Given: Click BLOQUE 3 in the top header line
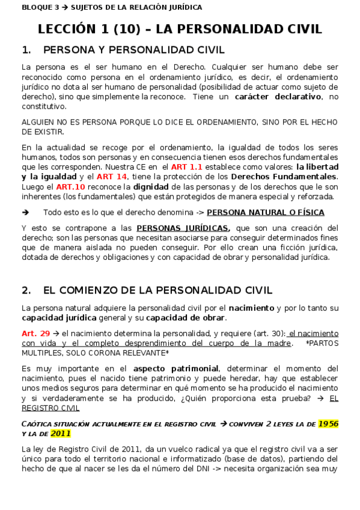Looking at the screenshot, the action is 36,7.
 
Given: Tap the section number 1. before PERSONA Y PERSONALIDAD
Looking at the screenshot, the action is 26,49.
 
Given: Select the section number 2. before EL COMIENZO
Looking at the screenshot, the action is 26,290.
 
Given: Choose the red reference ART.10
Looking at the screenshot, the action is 68,186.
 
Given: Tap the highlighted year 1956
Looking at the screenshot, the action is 328,423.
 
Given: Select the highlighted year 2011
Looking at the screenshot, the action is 61,433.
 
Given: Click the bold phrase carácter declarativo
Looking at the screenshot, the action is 278,96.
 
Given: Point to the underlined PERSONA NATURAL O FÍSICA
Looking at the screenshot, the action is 265,212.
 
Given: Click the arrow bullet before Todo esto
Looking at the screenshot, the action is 25,212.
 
